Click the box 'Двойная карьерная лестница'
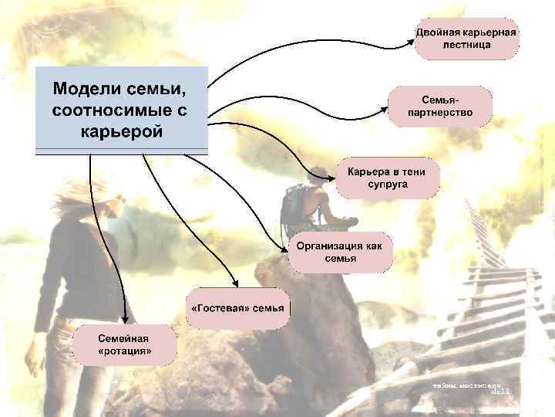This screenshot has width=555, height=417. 466,39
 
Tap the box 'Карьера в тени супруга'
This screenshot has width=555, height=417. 387,178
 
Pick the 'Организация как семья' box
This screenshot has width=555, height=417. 340,252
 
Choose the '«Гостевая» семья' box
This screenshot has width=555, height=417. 236,307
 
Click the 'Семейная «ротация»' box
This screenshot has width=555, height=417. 125,344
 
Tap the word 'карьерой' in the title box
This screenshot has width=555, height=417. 122,131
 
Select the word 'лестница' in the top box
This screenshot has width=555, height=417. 466,46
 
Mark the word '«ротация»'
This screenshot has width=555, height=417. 125,352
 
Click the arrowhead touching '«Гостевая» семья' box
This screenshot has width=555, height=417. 234,284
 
